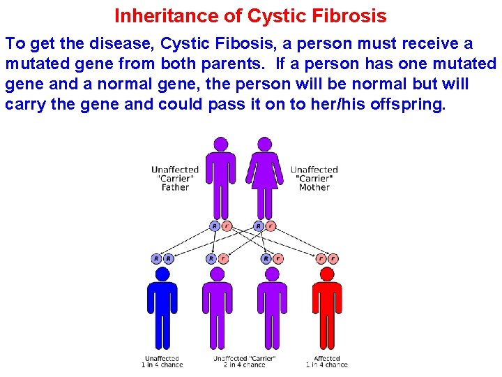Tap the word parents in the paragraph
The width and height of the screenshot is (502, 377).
tap(227, 64)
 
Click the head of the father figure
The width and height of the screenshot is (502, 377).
tap(221, 145)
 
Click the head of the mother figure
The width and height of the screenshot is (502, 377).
tap(263, 145)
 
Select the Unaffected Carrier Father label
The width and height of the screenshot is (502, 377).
tap(175, 178)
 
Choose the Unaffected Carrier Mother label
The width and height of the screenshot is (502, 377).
tap(314, 178)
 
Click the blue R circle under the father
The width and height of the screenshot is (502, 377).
tap(215, 226)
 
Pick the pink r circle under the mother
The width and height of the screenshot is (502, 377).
tap(271, 226)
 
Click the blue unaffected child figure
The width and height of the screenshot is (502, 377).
tap(162, 307)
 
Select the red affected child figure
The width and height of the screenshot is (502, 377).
tap(326, 307)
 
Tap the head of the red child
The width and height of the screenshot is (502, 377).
tap(326, 274)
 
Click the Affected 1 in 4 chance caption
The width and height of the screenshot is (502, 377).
tap(326, 362)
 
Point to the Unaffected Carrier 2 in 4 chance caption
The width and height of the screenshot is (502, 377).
tap(244, 362)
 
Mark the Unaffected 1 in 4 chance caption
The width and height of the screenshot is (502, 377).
tap(162, 362)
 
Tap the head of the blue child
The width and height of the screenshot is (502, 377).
tap(162, 274)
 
